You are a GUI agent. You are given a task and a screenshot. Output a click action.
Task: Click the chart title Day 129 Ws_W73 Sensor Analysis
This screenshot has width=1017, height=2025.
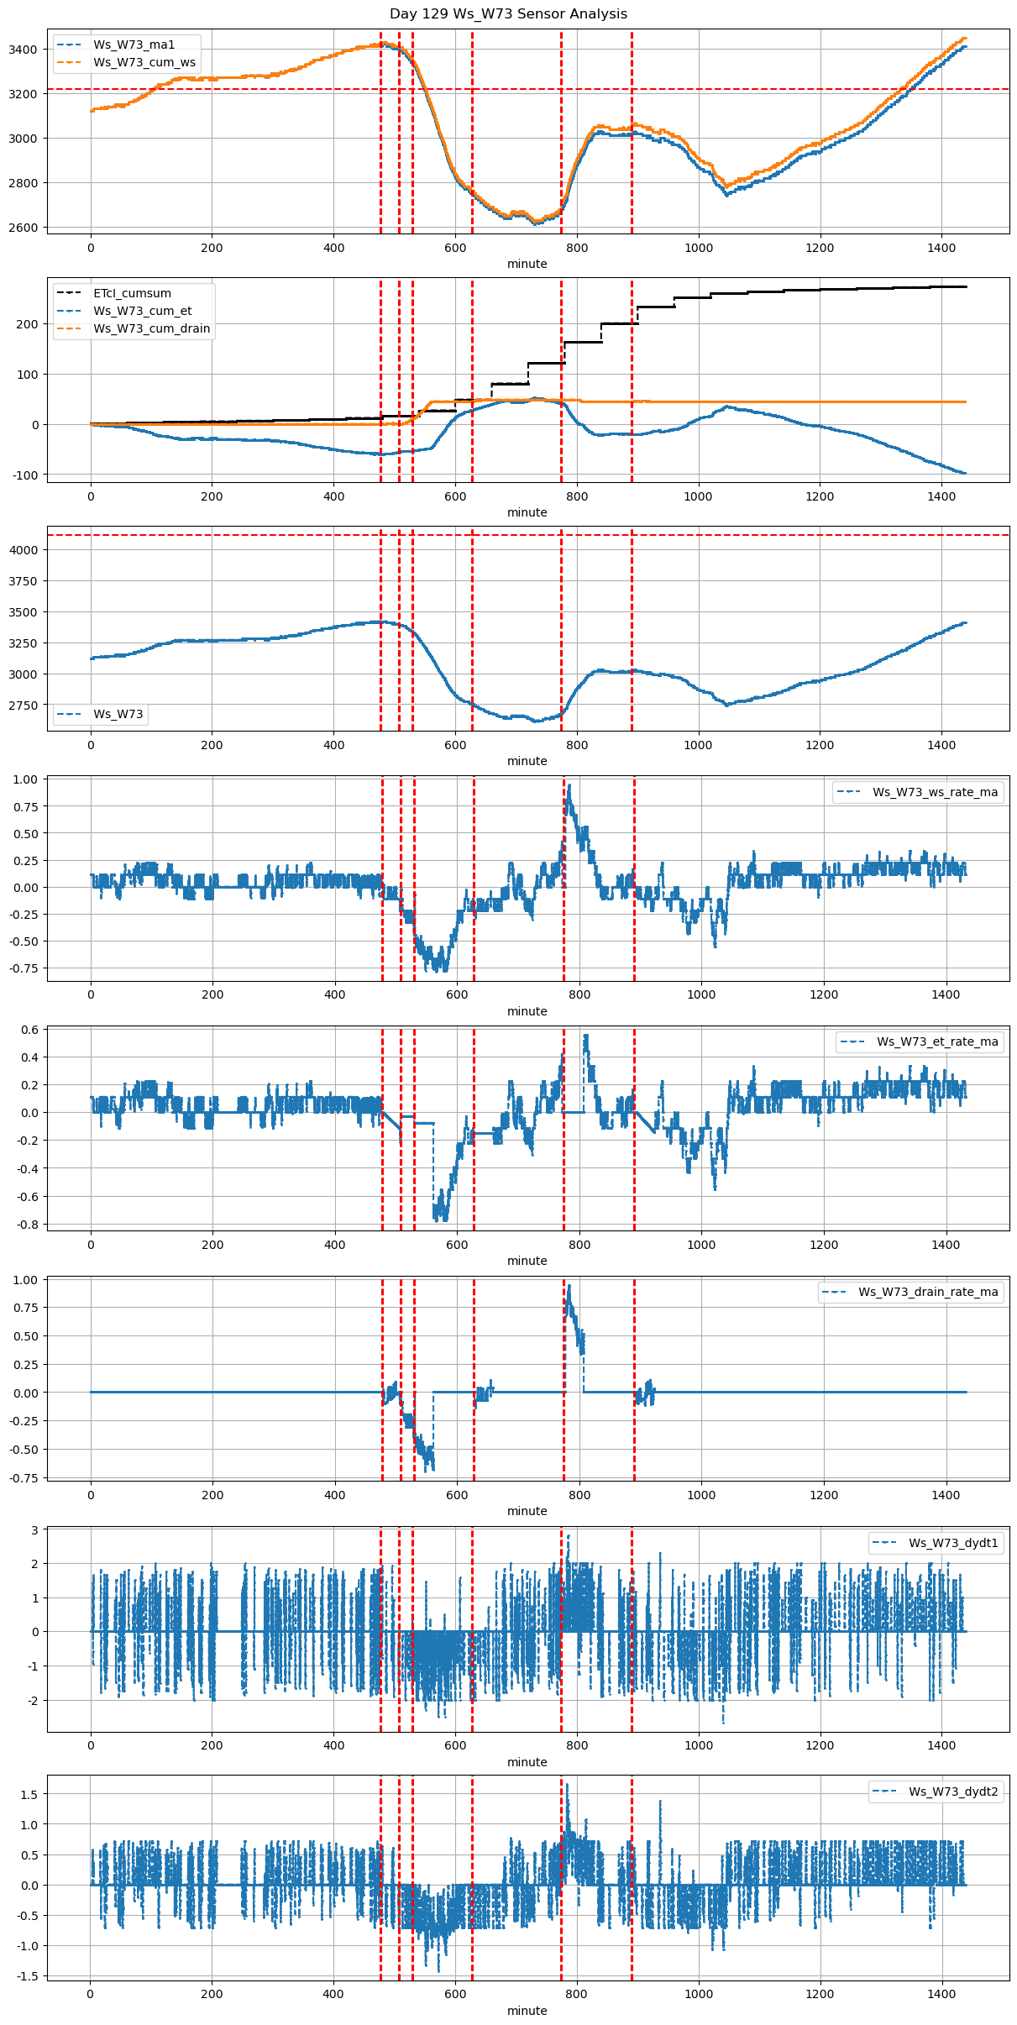pos(508,14)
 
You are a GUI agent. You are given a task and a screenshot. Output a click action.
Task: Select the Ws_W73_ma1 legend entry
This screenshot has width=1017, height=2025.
pos(134,45)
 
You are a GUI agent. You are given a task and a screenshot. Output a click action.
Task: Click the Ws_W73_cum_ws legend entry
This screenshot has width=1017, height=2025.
pos(144,62)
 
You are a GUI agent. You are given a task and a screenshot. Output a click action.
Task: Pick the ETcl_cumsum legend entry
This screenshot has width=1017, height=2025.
pos(132,293)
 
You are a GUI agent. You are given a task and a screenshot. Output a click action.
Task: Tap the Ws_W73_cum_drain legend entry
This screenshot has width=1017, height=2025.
pos(151,328)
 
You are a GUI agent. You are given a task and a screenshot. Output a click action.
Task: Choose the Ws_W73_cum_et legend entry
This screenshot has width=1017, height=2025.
pos(142,311)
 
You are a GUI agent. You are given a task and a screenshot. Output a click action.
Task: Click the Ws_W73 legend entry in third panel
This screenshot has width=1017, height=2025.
pos(118,714)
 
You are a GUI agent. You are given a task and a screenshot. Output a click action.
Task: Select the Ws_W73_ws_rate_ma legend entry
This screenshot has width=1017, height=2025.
pos(935,792)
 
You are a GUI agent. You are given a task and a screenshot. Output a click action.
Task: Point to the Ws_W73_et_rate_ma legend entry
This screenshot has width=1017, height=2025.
pos(937,1041)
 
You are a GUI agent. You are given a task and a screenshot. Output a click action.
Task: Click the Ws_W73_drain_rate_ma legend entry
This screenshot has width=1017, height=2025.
pos(928,1292)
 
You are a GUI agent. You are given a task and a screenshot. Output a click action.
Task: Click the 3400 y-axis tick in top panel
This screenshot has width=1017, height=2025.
pos(24,50)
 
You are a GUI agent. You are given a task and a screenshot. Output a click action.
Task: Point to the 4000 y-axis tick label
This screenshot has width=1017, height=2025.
pos(24,550)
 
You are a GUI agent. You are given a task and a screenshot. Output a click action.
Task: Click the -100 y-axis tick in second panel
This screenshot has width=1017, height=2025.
pos(25,475)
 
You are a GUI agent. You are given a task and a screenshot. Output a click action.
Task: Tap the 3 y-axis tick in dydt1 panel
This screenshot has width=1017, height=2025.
pos(35,1530)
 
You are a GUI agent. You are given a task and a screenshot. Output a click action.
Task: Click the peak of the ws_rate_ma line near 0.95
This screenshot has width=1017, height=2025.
pos(569,785)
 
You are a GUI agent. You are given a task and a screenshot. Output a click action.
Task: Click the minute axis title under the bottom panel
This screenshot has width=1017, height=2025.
pos(527,2011)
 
